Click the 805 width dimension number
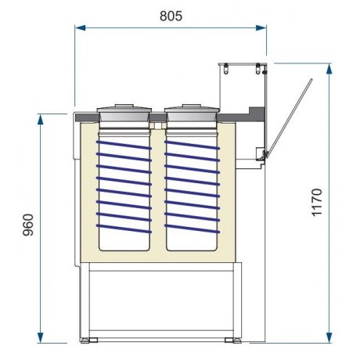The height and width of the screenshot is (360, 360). [170, 15]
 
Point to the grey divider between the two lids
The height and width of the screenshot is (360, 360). [157, 117]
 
